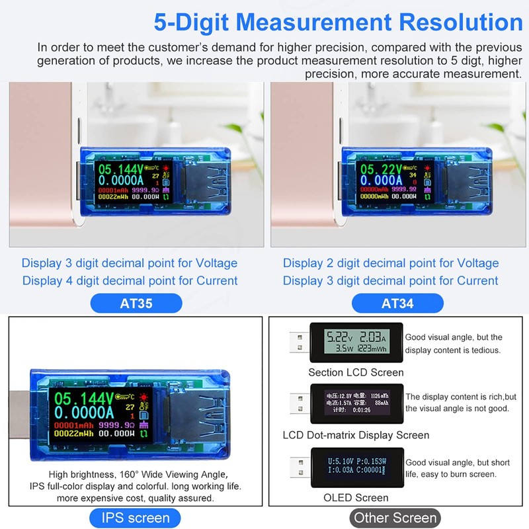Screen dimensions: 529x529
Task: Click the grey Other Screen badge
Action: (395, 518)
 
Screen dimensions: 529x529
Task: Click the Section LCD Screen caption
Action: (356, 372)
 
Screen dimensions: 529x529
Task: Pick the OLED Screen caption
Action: (356, 497)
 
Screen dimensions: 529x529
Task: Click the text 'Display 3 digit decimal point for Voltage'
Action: (130, 263)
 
